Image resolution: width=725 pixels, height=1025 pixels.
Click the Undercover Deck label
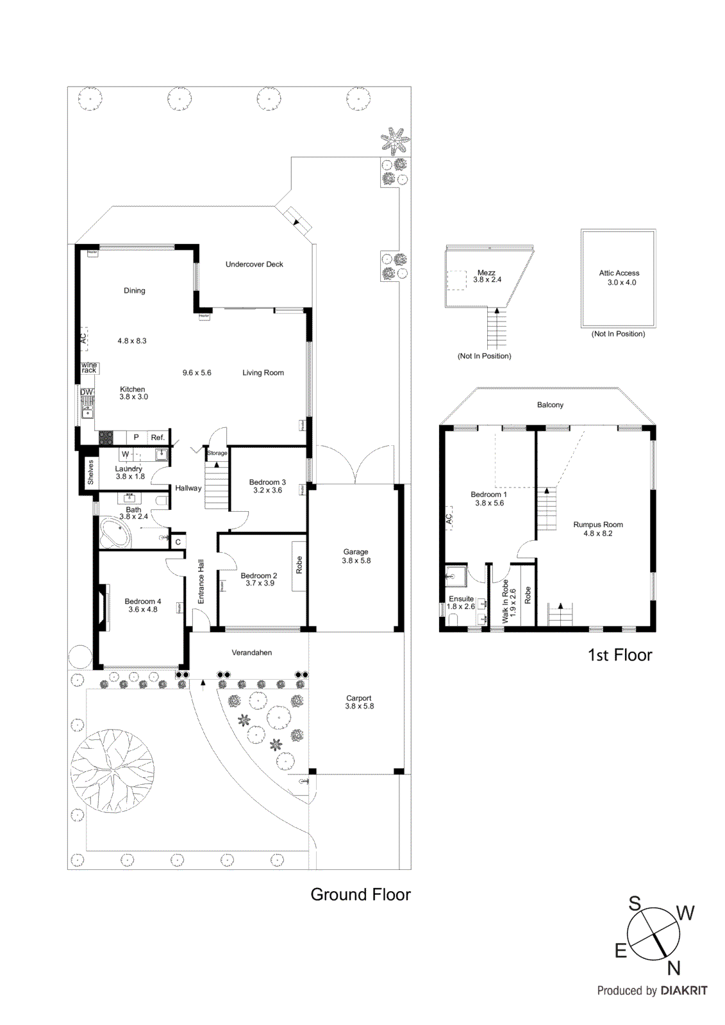pyautogui.click(x=254, y=264)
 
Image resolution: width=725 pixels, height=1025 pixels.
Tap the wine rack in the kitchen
pyautogui.click(x=89, y=368)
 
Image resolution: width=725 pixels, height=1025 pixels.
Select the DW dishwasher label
pyautogui.click(x=87, y=392)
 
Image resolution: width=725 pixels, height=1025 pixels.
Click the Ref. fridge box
pyautogui.click(x=158, y=438)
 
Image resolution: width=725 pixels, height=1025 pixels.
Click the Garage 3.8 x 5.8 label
pyautogui.click(x=356, y=556)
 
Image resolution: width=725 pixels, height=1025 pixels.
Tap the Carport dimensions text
pyautogui.click(x=359, y=707)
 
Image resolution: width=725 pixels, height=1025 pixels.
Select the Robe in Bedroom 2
pyautogui.click(x=299, y=566)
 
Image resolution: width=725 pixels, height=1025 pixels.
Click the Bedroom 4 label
pyautogui.click(x=142, y=602)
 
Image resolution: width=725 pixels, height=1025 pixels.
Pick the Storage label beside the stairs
pyautogui.click(x=217, y=453)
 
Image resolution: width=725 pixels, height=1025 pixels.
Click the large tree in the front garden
pyautogui.click(x=112, y=771)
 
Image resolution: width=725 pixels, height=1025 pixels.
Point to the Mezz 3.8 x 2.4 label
pyautogui.click(x=487, y=276)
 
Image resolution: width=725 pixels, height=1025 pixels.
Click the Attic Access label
pyautogui.click(x=619, y=273)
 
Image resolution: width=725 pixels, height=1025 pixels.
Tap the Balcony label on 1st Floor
pyautogui.click(x=550, y=405)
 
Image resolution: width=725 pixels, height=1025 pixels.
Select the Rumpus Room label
pyautogui.click(x=597, y=525)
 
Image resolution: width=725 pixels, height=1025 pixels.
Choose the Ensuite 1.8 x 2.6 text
pyautogui.click(x=460, y=603)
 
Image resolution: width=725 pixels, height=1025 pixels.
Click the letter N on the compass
pyautogui.click(x=673, y=968)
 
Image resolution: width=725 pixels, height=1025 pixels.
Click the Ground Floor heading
pyautogui.click(x=360, y=894)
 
